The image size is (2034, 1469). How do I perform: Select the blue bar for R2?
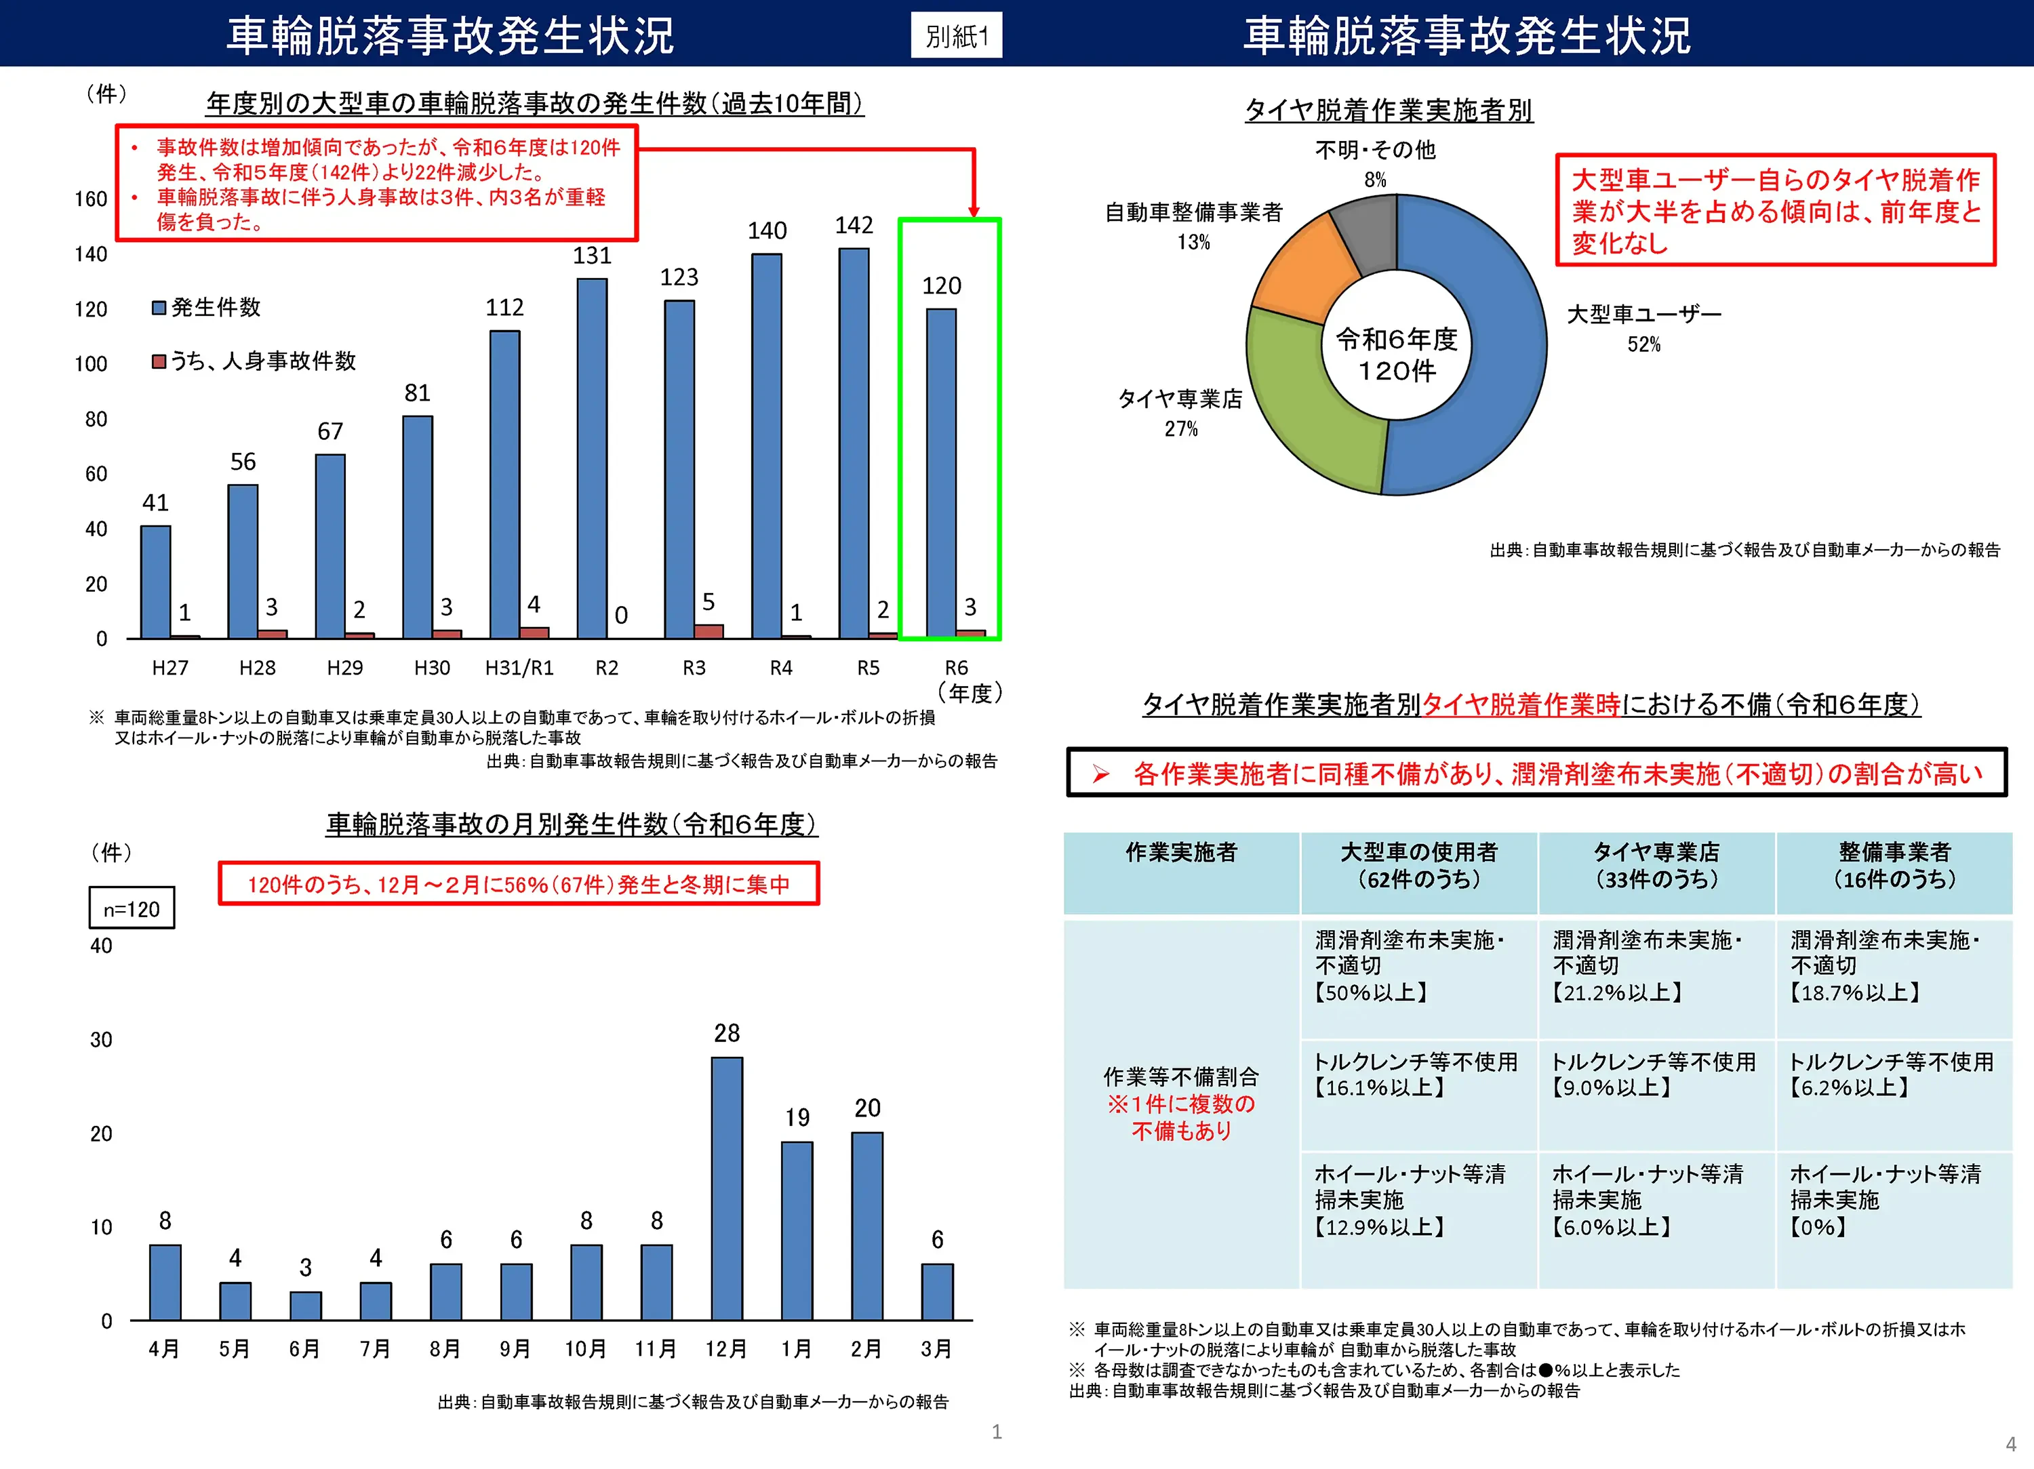click(592, 458)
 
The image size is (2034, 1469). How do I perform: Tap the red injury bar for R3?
click(709, 630)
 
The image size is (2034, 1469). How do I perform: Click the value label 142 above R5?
click(854, 225)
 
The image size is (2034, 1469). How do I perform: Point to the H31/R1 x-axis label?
click(519, 668)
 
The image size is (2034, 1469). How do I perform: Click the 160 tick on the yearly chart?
click(91, 199)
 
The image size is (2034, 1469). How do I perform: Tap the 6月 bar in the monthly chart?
click(306, 1306)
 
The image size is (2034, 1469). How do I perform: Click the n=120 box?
click(132, 908)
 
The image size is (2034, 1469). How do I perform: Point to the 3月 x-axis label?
click(936, 1349)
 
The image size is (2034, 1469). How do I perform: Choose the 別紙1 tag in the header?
click(956, 36)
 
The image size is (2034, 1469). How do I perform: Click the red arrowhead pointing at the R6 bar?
click(974, 211)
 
